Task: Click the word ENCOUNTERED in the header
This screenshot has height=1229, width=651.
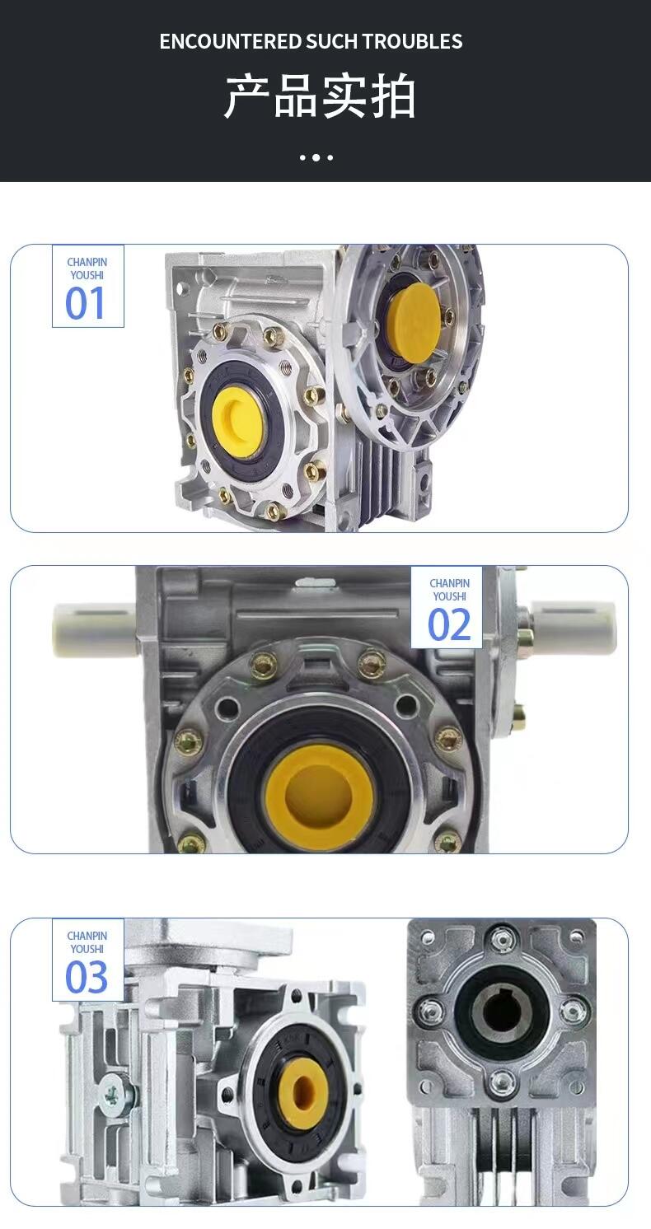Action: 231,42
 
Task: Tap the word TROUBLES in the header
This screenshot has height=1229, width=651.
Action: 412,42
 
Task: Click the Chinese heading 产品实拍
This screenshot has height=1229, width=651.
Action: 320,96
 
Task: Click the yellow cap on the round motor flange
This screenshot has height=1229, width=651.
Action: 414,323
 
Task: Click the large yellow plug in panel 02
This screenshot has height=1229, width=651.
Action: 320,791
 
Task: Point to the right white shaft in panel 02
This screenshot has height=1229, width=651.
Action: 573,627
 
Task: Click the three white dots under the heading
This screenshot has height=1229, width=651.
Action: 316,157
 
